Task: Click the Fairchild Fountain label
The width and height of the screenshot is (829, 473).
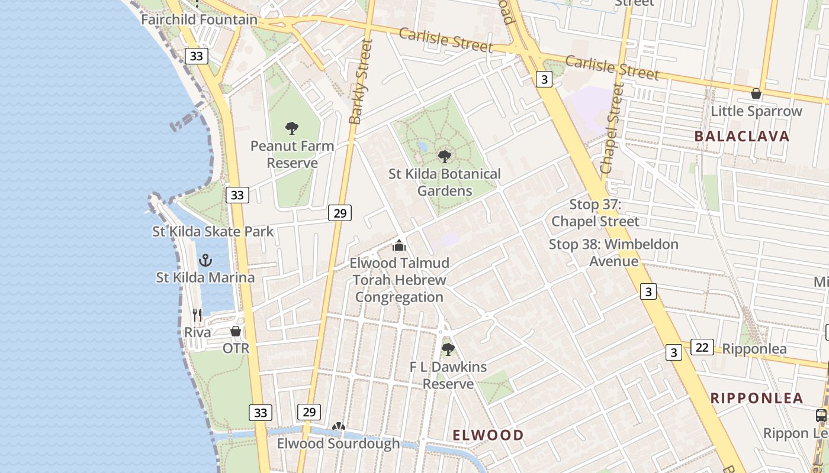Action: pyautogui.click(x=199, y=20)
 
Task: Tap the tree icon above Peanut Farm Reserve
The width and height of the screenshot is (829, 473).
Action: pyautogui.click(x=292, y=128)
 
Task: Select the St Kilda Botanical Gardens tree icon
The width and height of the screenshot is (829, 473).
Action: pyautogui.click(x=445, y=157)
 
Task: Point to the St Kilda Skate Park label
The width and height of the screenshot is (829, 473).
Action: pyautogui.click(x=213, y=231)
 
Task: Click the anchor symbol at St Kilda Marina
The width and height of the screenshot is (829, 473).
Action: pyautogui.click(x=205, y=260)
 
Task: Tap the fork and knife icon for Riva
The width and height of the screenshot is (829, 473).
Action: pyautogui.click(x=197, y=315)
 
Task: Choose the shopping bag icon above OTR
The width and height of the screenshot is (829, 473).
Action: pyautogui.click(x=236, y=331)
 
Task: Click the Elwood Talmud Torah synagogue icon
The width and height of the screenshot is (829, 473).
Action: pyautogui.click(x=400, y=245)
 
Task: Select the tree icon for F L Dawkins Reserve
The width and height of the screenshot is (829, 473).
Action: pyautogui.click(x=448, y=349)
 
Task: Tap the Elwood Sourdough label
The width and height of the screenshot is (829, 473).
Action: pyautogui.click(x=338, y=443)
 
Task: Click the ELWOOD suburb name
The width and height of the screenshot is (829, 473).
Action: pyautogui.click(x=488, y=435)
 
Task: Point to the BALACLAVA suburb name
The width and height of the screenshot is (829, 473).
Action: pyautogui.click(x=741, y=136)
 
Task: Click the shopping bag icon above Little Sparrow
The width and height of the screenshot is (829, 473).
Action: pyautogui.click(x=756, y=93)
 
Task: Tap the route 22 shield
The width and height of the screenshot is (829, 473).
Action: pyautogui.click(x=702, y=347)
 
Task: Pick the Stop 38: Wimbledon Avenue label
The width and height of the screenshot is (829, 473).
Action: pyautogui.click(x=613, y=252)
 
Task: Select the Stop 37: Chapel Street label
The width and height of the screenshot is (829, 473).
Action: pyautogui.click(x=596, y=213)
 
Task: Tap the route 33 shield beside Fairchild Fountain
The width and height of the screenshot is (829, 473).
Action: pyautogui.click(x=197, y=56)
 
